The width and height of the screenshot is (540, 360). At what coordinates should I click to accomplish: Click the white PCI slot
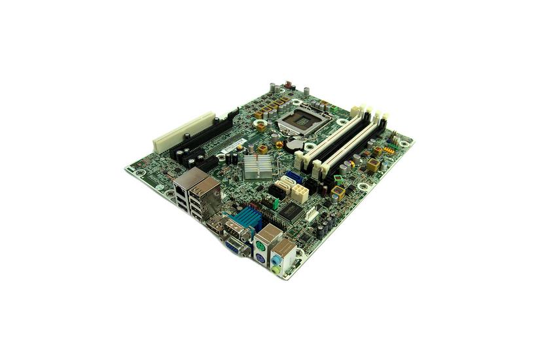click(x=184, y=130)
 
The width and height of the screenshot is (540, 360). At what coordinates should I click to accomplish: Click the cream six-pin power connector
click(x=300, y=192)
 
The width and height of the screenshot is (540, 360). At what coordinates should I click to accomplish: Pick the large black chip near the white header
click(x=291, y=211)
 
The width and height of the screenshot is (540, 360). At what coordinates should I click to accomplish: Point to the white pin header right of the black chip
click(x=312, y=214)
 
